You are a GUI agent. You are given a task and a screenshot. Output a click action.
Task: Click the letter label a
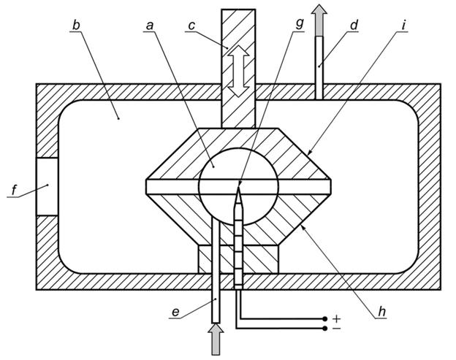click(x=151, y=24)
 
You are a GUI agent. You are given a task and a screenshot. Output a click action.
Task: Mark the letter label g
click(x=298, y=24)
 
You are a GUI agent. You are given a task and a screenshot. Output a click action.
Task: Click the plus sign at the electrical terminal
click(x=337, y=319)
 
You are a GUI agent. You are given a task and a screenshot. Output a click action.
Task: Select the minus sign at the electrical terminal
click(x=337, y=330)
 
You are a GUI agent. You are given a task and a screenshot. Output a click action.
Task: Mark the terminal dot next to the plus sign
click(x=324, y=319)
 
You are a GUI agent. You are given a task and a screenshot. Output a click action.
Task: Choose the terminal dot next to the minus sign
click(x=324, y=329)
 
